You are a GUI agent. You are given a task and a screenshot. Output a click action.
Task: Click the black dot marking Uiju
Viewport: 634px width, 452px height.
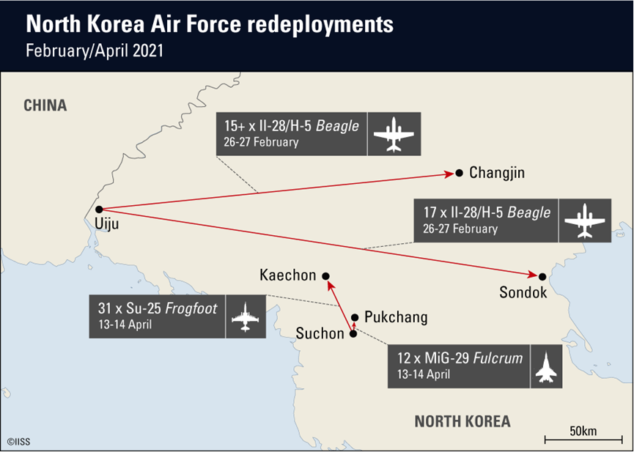click(99, 210)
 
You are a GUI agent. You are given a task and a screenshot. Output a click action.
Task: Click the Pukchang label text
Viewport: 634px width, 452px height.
click(395, 318)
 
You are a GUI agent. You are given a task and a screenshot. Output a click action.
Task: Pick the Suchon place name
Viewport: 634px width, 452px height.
click(320, 334)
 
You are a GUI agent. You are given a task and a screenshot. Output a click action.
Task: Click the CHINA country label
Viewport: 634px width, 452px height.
click(45, 105)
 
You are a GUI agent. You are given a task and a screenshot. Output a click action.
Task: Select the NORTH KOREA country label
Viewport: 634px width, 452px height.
click(462, 421)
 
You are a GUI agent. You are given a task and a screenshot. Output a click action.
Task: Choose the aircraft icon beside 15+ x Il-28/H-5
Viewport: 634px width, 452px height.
click(394, 134)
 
